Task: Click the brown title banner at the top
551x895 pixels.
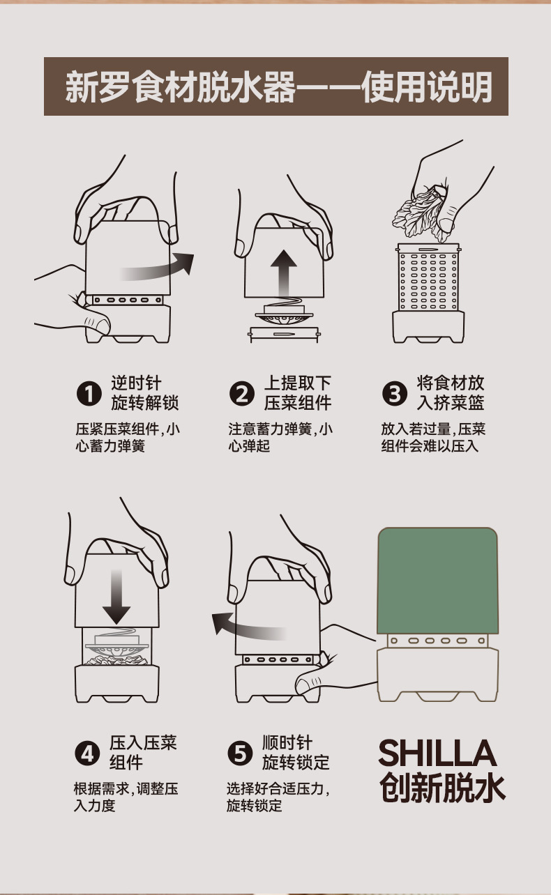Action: tap(275, 86)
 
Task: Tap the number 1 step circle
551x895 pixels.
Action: tap(89, 395)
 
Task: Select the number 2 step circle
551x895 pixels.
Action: tap(242, 395)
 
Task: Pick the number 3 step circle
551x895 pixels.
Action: tap(395, 395)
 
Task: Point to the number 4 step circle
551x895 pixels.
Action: tap(87, 754)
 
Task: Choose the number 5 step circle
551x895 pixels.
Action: tap(240, 754)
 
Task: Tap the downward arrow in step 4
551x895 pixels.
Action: tap(116, 597)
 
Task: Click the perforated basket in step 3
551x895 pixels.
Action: tap(428, 279)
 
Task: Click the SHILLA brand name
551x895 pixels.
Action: tap(437, 754)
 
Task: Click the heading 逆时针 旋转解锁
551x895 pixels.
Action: tap(144, 393)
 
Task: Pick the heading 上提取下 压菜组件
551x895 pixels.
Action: tap(298, 393)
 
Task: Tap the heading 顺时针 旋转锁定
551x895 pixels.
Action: tap(296, 752)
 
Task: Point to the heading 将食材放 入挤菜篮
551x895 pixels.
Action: tap(450, 393)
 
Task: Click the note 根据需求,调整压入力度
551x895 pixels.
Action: tap(126, 797)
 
